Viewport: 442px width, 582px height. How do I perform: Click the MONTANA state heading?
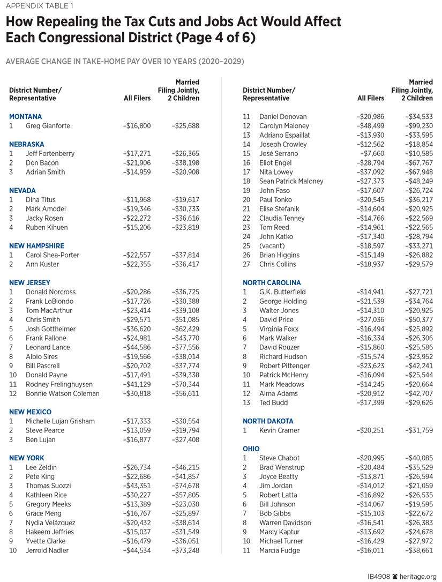pyautogui.click(x=25, y=116)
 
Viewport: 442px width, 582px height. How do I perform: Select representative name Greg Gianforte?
pyautogui.click(x=47, y=126)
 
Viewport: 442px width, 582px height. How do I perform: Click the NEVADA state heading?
pyautogui.click(x=23, y=190)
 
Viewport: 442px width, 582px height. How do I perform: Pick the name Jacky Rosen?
pyautogui.click(x=44, y=218)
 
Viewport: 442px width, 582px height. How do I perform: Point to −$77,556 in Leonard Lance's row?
pyautogui.click(x=185, y=347)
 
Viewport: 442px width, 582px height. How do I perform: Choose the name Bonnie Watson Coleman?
pyautogui.click(x=63, y=393)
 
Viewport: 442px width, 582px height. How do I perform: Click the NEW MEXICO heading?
pyautogui.click(x=31, y=412)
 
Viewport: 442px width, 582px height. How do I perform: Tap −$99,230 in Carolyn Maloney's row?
pyautogui.click(x=419, y=126)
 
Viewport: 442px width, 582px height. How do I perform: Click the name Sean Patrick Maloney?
pyautogui.click(x=291, y=181)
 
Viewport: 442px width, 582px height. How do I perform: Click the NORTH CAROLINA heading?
pyautogui.click(x=272, y=282)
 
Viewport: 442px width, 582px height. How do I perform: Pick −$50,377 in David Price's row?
pyautogui.click(x=419, y=319)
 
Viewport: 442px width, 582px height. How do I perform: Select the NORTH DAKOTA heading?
pyautogui.click(x=268, y=421)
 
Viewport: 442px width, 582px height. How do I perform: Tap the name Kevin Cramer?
pyautogui.click(x=280, y=430)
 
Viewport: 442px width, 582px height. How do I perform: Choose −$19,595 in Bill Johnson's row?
pyautogui.click(x=419, y=504)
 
